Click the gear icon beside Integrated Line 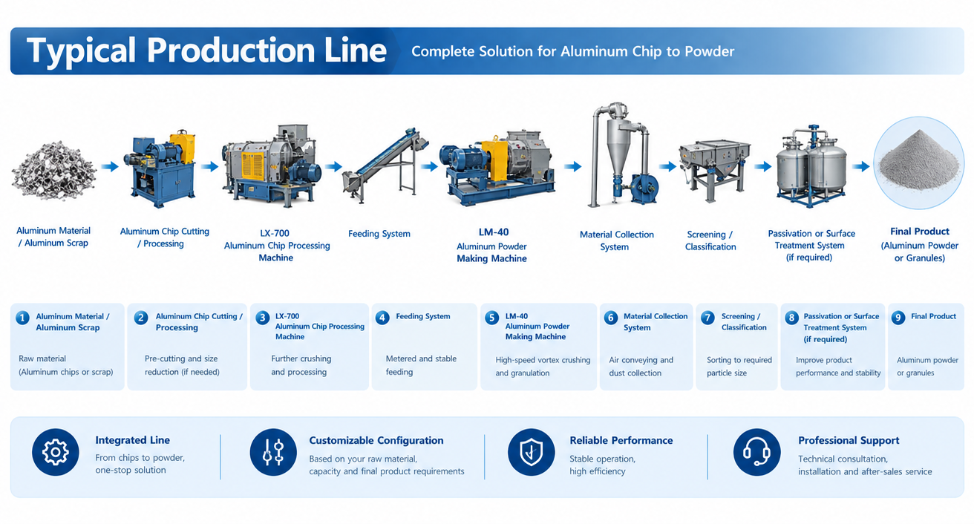(55, 452)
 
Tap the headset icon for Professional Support (756, 452)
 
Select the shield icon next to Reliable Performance (531, 452)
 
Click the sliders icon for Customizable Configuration (273, 452)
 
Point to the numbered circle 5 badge (491, 318)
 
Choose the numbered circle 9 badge (898, 318)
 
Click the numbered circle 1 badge (22, 318)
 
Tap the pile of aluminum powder (918, 162)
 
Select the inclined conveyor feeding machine (385, 166)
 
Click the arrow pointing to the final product (860, 166)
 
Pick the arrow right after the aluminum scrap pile (110, 166)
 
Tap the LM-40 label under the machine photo (494, 232)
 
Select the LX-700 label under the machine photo (275, 233)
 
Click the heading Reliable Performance (621, 441)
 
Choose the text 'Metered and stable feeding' (421, 365)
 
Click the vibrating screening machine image (715, 169)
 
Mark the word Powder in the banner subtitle (709, 51)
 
